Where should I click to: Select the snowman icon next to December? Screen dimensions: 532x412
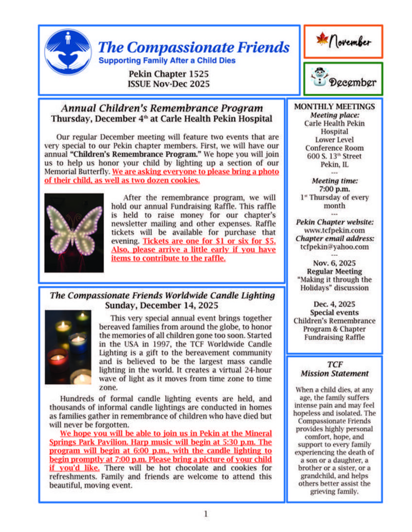pos(319,77)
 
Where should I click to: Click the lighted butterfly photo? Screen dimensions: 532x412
pos(74,233)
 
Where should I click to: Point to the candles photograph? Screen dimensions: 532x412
pos(68,348)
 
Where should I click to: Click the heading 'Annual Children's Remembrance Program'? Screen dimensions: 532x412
pos(162,108)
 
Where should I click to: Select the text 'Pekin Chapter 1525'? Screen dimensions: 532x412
pos(169,74)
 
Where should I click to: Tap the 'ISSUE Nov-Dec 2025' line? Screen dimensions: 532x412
pos(169,84)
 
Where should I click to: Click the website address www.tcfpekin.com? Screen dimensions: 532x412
pos(334,230)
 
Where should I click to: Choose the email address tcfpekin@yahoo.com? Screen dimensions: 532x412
pos(334,246)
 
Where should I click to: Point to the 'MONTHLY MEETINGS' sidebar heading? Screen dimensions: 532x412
pos(334,107)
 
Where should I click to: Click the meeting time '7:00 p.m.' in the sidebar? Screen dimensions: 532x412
pos(334,189)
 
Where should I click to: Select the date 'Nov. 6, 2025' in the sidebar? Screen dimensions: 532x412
pos(334,263)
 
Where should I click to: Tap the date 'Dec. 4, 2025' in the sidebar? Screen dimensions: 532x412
pos(334,304)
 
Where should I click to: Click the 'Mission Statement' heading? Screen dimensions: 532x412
pos(334,373)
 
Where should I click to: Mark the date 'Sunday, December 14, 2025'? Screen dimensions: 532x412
pos(162,306)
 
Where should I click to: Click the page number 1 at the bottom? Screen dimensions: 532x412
pos(206,514)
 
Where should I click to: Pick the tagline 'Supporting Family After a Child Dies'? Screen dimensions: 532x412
pos(167,61)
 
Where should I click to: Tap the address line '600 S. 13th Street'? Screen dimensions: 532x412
pos(334,156)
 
